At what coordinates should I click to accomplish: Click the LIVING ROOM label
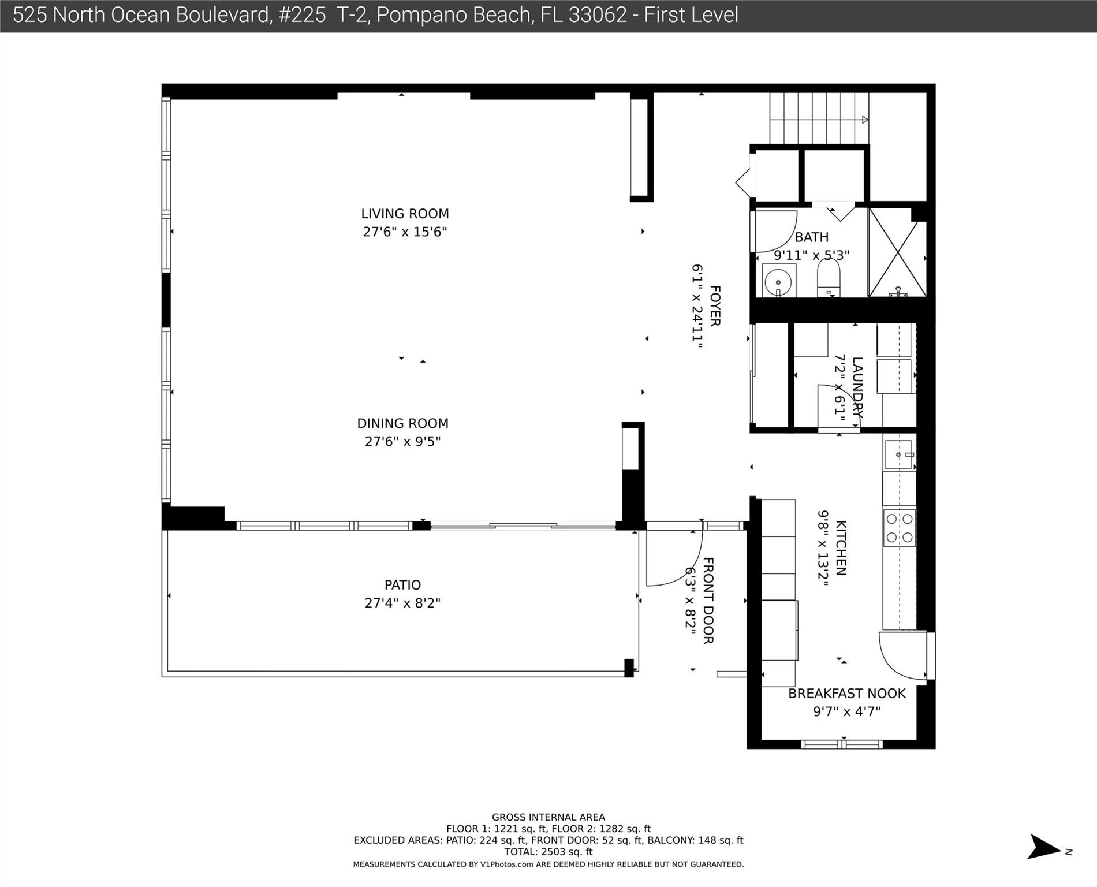[405, 214]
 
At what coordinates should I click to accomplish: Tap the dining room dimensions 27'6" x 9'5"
[402, 442]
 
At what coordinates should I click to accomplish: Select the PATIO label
[402, 585]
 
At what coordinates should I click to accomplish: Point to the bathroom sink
[778, 282]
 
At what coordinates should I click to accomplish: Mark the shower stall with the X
[897, 252]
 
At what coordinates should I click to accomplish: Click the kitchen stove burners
[900, 528]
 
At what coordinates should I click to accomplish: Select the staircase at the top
[819, 118]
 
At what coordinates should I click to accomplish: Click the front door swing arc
[673, 557]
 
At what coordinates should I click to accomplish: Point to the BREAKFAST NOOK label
[846, 694]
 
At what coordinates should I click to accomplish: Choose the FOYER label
[715, 306]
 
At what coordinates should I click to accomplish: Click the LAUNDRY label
[857, 387]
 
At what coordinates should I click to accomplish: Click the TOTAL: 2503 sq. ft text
[548, 852]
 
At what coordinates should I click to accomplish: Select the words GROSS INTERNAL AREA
[548, 817]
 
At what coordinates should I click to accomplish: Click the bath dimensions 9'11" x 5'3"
[811, 255]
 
